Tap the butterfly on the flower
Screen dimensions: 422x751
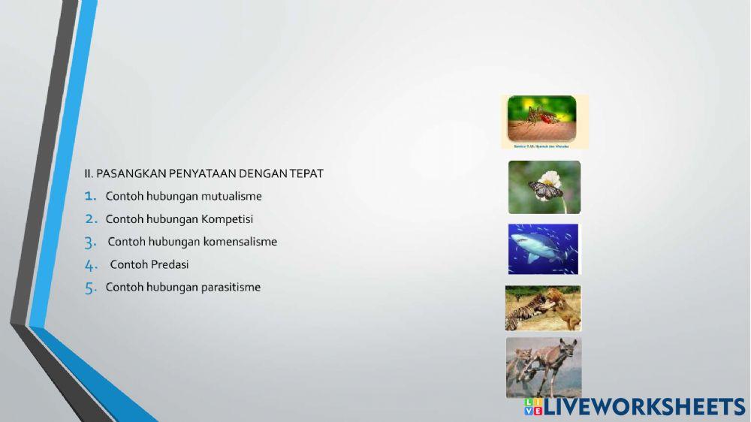point(545,188)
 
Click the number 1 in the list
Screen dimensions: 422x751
point(91,197)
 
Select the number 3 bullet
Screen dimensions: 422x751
point(91,242)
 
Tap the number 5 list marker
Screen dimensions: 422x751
point(91,288)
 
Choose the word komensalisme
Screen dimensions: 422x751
point(240,242)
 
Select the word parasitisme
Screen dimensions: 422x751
point(231,287)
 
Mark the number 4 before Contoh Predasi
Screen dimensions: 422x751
point(91,265)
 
